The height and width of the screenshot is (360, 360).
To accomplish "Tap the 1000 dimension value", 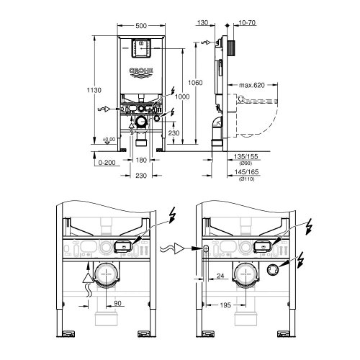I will [181, 96].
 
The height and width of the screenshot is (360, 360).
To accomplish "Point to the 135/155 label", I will [249, 156].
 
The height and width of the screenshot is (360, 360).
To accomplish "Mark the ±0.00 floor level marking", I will [109, 139].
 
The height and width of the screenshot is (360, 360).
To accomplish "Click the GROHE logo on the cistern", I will [141, 71].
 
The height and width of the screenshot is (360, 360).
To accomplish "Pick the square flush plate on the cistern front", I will [141, 48].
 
